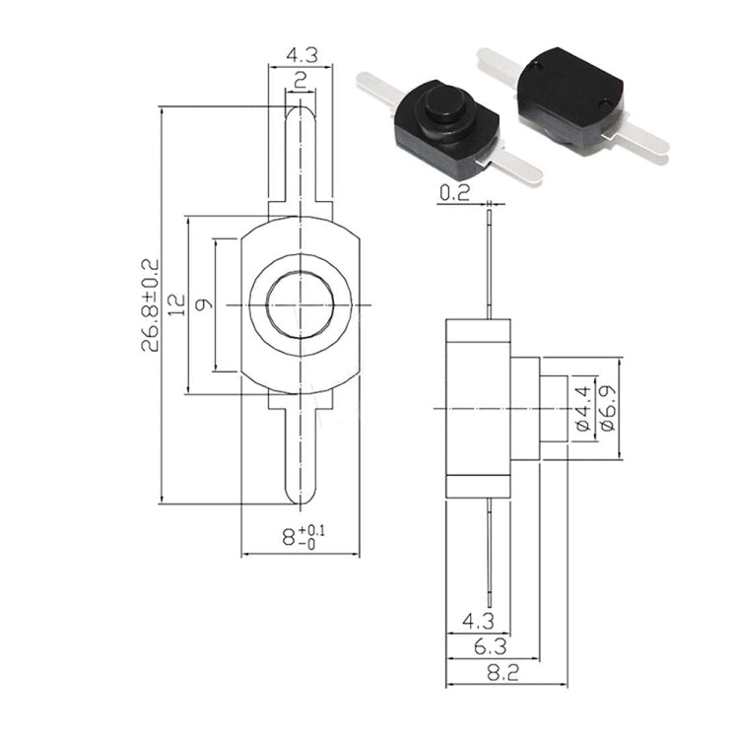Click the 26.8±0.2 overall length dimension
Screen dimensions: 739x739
[x=151, y=305]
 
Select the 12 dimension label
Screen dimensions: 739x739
[x=177, y=305]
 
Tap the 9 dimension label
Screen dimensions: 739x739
[x=204, y=305]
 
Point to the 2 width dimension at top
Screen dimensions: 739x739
[x=301, y=81]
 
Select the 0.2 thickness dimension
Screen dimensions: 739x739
[x=455, y=192]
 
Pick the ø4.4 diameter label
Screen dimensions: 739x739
[x=583, y=408]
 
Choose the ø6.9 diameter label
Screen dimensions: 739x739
[x=607, y=408]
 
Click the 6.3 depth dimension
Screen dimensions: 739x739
[x=490, y=647]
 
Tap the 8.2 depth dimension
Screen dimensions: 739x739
[x=503, y=673]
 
